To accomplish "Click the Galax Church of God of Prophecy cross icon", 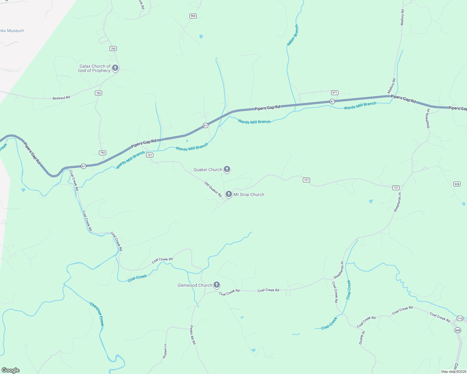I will [115, 68].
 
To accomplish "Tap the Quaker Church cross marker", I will [227, 169].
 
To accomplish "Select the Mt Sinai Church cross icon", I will [229, 194].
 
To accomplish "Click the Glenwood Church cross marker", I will [217, 285].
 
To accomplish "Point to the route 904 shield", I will [193, 16].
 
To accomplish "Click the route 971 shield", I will [335, 93].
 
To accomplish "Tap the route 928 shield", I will [457, 184].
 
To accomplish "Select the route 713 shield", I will [460, 319].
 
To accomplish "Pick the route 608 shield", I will [458, 330].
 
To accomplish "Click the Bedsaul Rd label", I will [61, 98].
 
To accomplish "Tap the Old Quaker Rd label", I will [213, 189].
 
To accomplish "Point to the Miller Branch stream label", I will [293, 35].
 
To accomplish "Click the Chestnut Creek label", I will [97, 314].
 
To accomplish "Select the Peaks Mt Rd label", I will [193, 335].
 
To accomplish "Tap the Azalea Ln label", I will [165, 351].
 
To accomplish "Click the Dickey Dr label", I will [362, 338].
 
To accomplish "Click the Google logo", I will [11, 370].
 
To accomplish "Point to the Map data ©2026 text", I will [453, 372].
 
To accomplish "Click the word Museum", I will [16, 31].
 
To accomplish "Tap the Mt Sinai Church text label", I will [249, 194].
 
